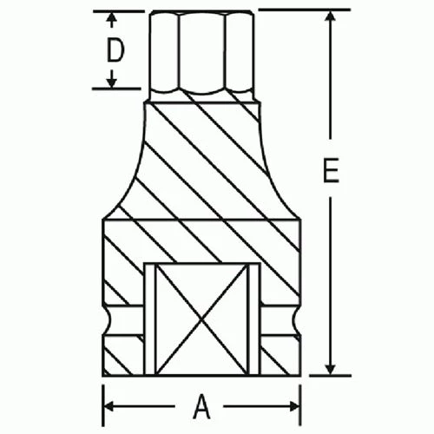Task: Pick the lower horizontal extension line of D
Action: [x=117, y=89]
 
